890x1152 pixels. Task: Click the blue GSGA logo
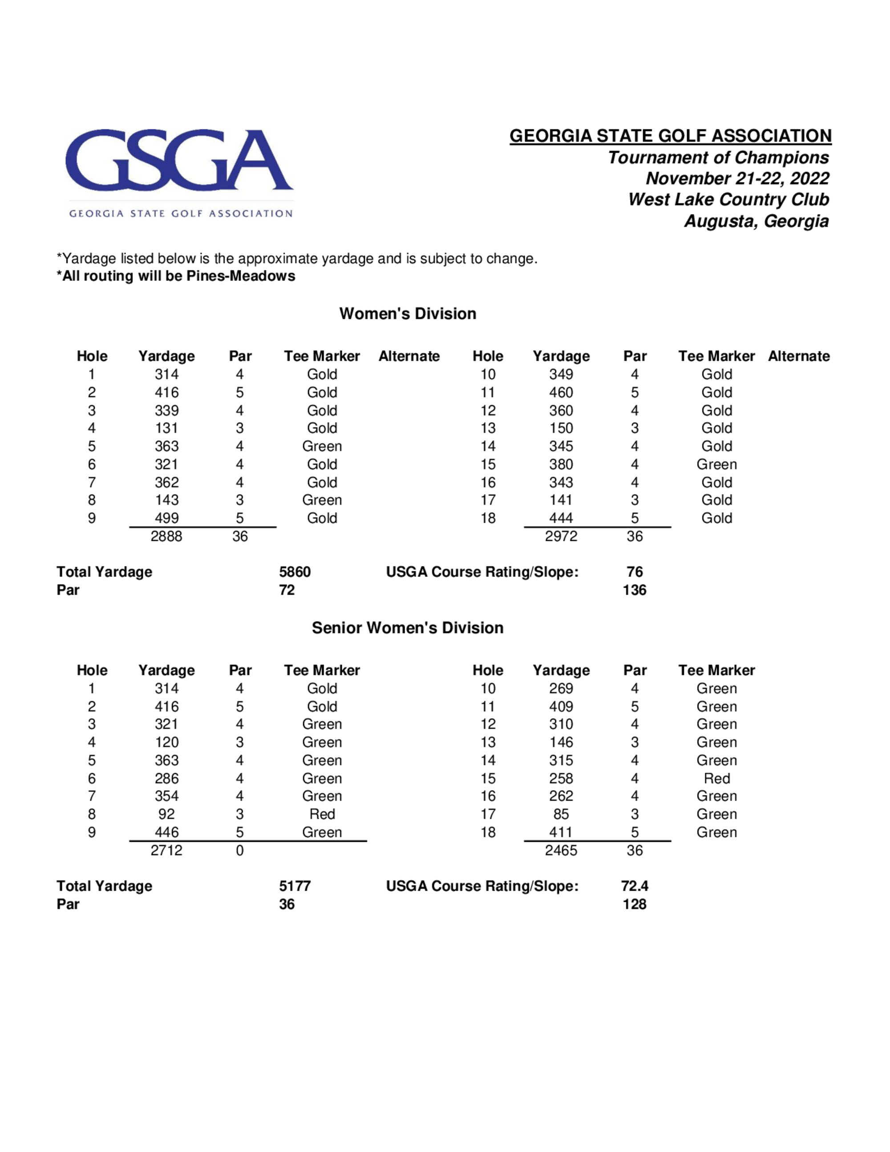[179, 160]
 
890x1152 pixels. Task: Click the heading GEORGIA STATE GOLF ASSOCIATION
[670, 136]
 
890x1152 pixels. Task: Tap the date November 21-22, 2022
[737, 178]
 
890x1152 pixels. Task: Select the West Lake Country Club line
[728, 199]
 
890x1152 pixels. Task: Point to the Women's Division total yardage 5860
[295, 572]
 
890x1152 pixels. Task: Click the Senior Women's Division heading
[408, 628]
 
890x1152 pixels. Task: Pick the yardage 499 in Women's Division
[166, 518]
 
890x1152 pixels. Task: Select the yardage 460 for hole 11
[561, 393]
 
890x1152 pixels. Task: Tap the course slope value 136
[634, 590]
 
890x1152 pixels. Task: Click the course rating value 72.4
[634, 886]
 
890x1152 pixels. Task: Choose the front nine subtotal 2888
[166, 536]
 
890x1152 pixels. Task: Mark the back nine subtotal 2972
[561, 536]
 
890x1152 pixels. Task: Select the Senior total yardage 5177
[295, 886]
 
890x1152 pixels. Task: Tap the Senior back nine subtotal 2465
[561, 850]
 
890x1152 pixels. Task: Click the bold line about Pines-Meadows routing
[176, 276]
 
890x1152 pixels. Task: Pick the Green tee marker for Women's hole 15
[716, 464]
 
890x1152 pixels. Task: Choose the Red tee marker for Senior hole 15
[716, 779]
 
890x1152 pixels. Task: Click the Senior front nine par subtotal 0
[240, 850]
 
